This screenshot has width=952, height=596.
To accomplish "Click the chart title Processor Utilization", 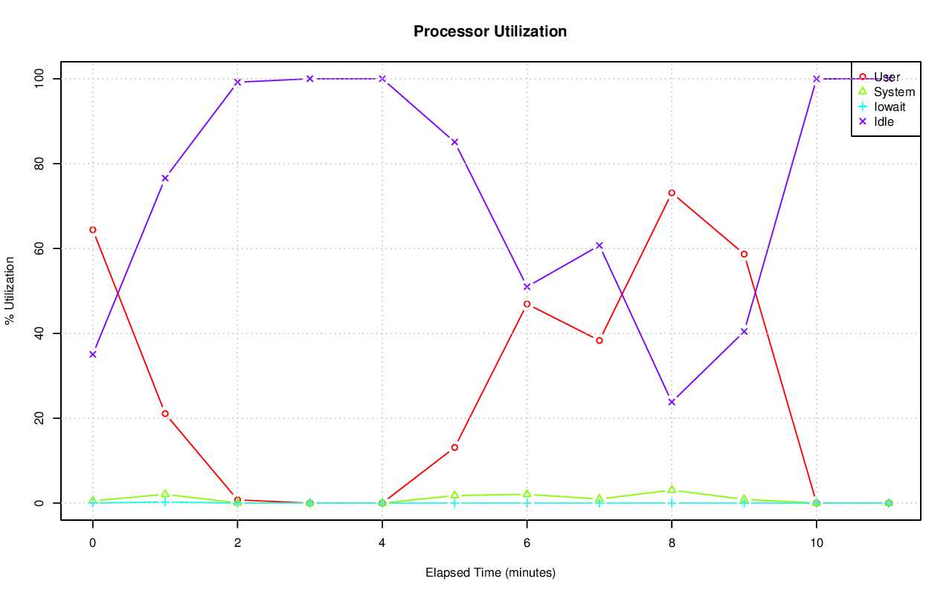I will [490, 31].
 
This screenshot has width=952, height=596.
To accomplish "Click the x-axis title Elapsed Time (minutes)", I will [490, 573].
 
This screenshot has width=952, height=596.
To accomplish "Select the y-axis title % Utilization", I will [10, 290].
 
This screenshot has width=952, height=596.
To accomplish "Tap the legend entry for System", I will [894, 92].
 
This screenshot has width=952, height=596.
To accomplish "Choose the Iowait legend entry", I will [890, 106].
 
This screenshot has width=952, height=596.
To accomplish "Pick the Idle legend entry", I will [884, 121].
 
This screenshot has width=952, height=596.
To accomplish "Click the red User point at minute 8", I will [672, 193].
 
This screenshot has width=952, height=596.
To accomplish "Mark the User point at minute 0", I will [92, 230].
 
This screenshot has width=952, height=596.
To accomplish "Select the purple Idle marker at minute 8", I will [672, 402].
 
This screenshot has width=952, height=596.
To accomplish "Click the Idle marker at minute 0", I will [92, 354].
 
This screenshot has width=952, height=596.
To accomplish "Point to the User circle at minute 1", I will [165, 414].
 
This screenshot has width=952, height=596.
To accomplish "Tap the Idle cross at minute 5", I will [454, 142].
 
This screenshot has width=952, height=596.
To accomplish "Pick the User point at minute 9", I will [744, 254].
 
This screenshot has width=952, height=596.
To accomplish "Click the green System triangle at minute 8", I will [672, 490].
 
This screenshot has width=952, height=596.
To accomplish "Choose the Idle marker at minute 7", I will [599, 246].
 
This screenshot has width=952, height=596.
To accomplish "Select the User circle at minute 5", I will [454, 447].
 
